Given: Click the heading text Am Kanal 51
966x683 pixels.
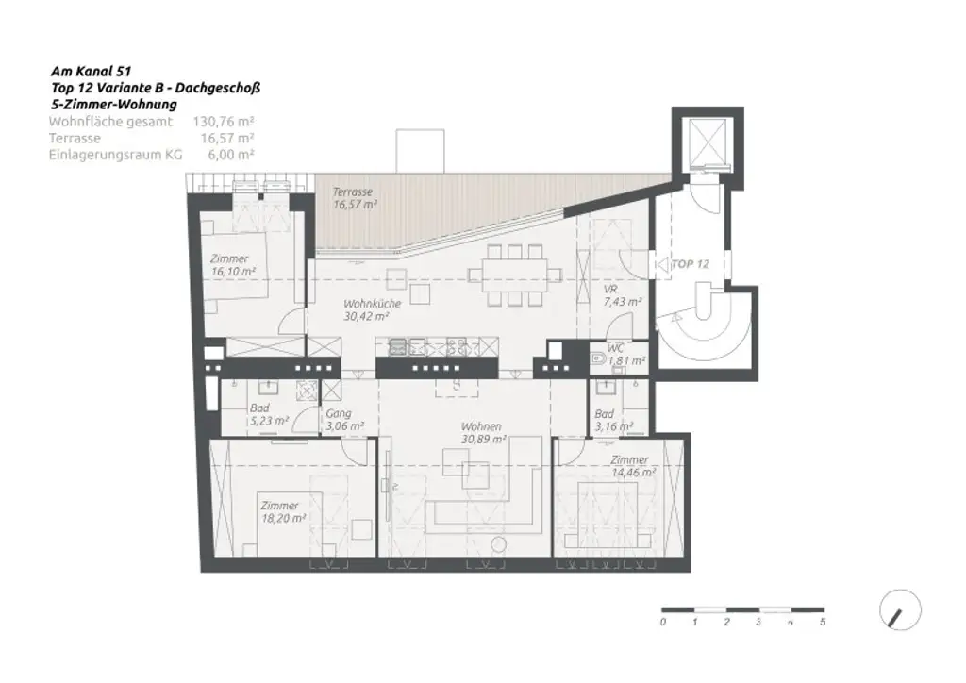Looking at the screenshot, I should (x=91, y=71).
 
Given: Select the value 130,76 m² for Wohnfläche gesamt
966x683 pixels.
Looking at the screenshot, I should (x=224, y=122).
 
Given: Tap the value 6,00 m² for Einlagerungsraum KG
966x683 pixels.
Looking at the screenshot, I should (x=229, y=154).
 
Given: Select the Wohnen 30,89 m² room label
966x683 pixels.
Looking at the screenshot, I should (x=481, y=433).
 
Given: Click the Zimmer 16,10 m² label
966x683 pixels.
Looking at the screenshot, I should (x=232, y=265).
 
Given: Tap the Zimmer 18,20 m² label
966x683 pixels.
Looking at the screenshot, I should (x=282, y=511).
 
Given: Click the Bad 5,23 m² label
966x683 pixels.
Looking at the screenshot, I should (x=268, y=415).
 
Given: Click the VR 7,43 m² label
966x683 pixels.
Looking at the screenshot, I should (x=623, y=296).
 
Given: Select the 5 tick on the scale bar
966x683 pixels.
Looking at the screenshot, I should (x=823, y=623).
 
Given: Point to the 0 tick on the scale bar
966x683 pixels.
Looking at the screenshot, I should (x=663, y=623).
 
